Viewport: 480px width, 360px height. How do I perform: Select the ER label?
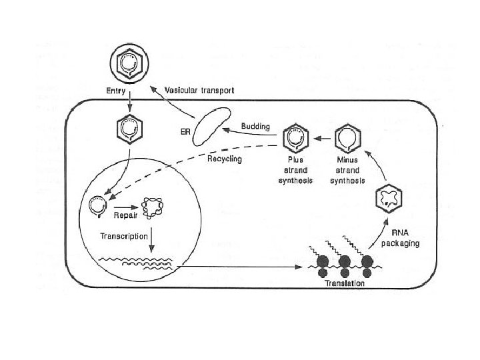185,132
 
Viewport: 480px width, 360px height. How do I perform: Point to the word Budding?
255,126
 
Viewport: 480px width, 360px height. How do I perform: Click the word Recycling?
224,159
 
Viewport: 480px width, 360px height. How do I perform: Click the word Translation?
345,284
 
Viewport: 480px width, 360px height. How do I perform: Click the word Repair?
125,215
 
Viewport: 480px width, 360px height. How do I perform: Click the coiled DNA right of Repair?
159,209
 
